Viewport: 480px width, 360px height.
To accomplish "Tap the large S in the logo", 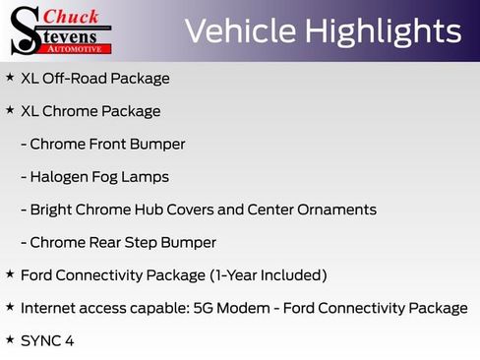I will (24, 30).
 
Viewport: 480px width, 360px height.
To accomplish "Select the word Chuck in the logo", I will (74, 17).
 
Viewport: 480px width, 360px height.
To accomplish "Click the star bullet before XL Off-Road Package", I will (10, 77).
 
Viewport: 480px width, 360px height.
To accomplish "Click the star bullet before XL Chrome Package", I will (10, 110).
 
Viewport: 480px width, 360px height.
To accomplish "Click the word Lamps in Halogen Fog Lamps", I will (146, 177).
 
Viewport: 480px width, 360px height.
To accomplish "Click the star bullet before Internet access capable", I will (10, 306).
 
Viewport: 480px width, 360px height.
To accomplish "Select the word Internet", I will (49, 308).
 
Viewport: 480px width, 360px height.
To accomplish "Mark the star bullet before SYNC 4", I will (10, 338).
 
